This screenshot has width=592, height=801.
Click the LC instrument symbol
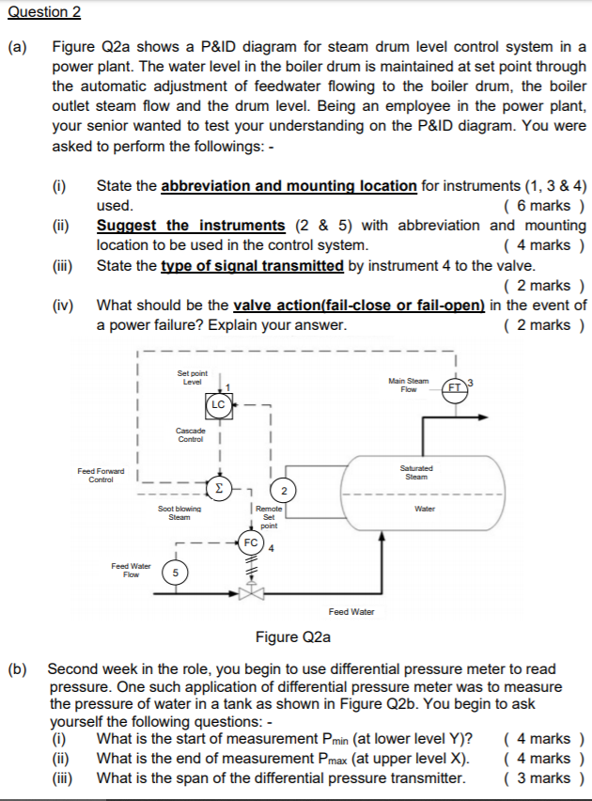click(218, 405)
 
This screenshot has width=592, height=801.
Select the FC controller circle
click(251, 543)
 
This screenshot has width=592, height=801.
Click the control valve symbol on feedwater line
click(251, 592)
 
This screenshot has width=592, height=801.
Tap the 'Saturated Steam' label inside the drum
click(416, 472)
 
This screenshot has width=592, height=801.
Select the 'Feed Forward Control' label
click(101, 475)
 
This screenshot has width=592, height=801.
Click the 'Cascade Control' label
click(192, 434)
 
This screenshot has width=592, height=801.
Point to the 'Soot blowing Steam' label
click(178, 512)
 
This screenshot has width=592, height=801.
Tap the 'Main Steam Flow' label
click(408, 385)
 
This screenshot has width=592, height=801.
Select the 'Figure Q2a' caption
click(293, 636)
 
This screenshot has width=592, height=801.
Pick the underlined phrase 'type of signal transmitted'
click(253, 266)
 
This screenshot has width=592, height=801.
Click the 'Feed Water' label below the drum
click(351, 612)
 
